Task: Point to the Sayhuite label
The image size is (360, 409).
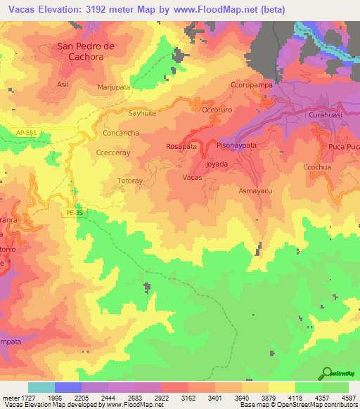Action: pyautogui.click(x=141, y=112)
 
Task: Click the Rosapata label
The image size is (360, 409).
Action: pyautogui.click(x=181, y=146)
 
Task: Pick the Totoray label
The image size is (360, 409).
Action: pyautogui.click(x=130, y=181)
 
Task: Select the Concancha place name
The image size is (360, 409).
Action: pyautogui.click(x=121, y=132)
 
